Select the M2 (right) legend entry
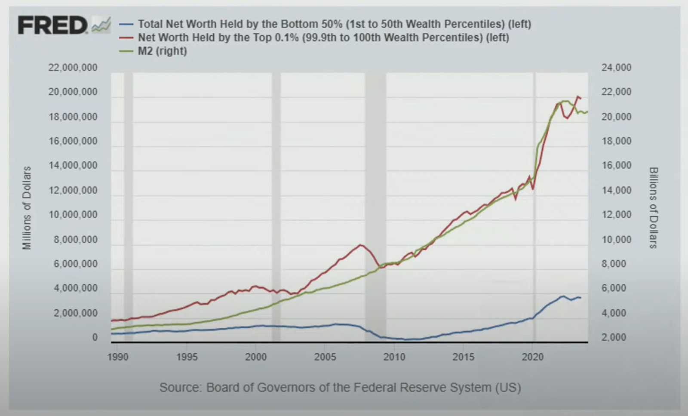click(162, 51)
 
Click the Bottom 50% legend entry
click(334, 24)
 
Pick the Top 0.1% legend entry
click(323, 37)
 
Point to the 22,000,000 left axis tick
click(73, 68)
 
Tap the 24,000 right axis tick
click(616, 68)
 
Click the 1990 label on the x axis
click(118, 357)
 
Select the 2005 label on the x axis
click(325, 357)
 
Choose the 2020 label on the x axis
click(533, 357)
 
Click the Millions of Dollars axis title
click(27, 208)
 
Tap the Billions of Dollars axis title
click(653, 208)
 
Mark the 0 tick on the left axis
click(95, 338)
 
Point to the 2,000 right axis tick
click(614, 338)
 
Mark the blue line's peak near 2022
click(562, 296)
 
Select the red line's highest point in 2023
click(577, 96)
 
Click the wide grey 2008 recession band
click(375, 206)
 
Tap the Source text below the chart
click(340, 388)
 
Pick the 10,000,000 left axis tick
click(73, 215)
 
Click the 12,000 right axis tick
click(616, 215)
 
